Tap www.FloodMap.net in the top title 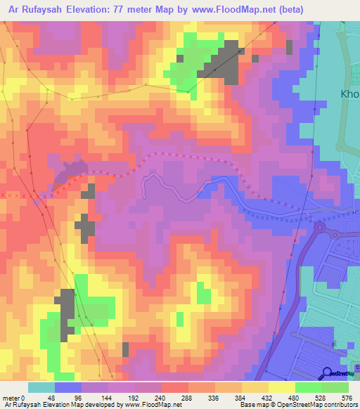(x=248, y=10)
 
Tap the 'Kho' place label (x=349, y=93)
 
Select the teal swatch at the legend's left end (x=41, y=388)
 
